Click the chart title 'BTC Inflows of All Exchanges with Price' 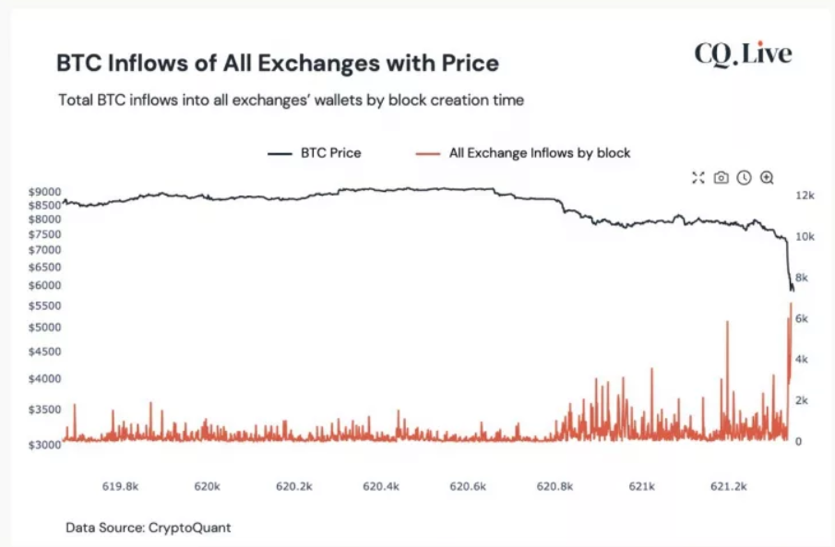click(x=278, y=63)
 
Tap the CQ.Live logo click(x=743, y=54)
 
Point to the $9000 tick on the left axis click(x=45, y=192)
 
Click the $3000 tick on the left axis click(x=45, y=445)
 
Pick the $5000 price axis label click(x=45, y=327)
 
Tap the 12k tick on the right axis click(x=804, y=196)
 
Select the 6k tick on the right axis click(x=802, y=318)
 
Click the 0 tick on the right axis click(x=798, y=442)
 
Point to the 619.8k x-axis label click(x=120, y=485)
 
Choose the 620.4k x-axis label click(x=381, y=485)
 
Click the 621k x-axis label click(x=641, y=485)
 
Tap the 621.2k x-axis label click(x=729, y=485)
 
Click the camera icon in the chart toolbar click(x=721, y=177)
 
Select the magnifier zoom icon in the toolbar click(x=766, y=177)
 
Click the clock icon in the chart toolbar click(x=744, y=177)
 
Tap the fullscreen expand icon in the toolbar click(x=698, y=177)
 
